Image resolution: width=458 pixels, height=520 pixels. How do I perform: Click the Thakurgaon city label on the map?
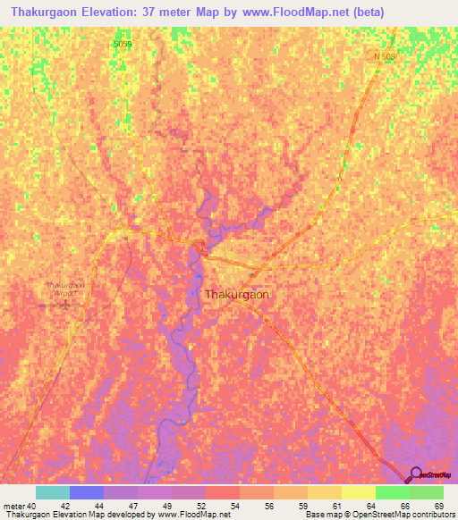tap(237, 294)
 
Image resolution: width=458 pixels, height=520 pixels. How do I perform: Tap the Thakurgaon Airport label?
tap(64, 289)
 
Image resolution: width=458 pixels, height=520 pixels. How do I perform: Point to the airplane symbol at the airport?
tap(67, 305)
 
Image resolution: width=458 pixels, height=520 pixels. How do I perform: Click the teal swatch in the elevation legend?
tap(53, 492)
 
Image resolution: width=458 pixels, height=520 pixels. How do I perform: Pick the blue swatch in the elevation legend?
tap(87, 492)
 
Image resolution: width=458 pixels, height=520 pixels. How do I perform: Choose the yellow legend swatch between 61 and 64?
tap(358, 492)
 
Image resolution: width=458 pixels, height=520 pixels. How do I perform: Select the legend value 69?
tap(438, 505)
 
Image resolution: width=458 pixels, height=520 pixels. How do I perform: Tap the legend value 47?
tap(132, 505)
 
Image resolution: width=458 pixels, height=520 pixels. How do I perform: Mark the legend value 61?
tap(336, 505)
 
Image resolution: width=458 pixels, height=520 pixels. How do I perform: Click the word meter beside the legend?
tap(13, 505)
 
